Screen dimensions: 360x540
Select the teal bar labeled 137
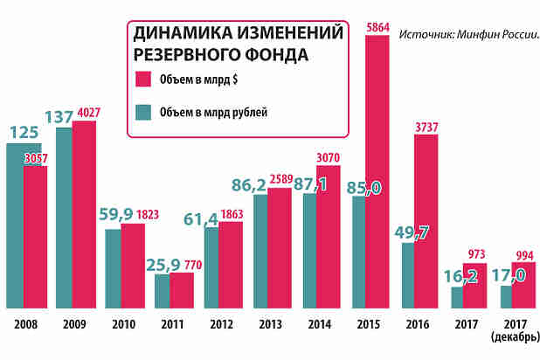[x=64, y=218]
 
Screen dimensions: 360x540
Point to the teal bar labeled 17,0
[x=505, y=297]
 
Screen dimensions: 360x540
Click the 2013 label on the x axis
[x=270, y=325]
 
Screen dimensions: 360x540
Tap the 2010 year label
[x=122, y=325]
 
